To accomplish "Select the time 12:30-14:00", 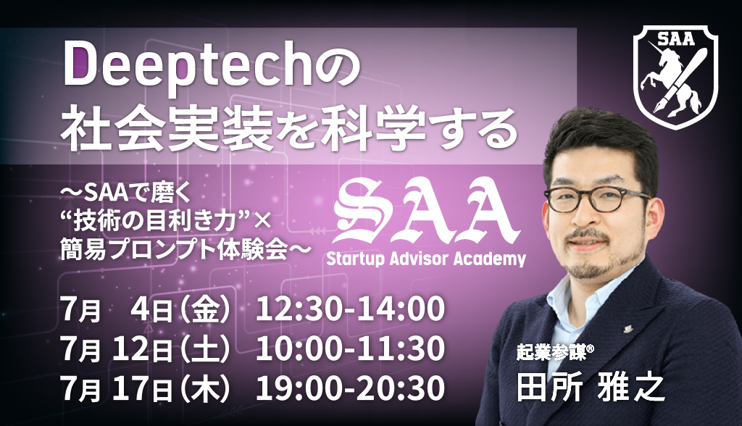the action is (x=350, y=308).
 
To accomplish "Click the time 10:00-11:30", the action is (x=350, y=348).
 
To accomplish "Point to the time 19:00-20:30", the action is (x=350, y=388).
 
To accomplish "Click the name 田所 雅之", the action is (x=591, y=388).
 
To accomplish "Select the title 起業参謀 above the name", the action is (x=551, y=351).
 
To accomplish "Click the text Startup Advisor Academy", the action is (x=426, y=259).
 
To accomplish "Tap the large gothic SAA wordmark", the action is (x=427, y=210).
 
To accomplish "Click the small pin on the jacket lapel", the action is (x=627, y=325).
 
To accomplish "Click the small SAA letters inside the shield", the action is (x=675, y=39).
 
